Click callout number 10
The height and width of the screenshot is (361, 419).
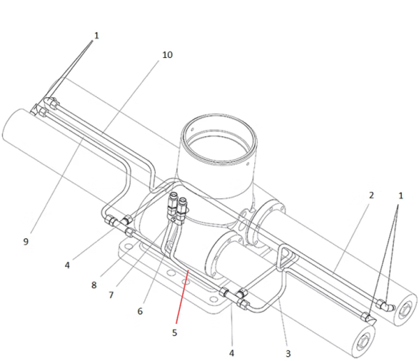coord(168,54)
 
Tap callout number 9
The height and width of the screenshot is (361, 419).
coord(26,242)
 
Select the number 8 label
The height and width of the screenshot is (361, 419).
coord(94,285)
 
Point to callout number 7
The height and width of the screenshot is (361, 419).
coord(111,295)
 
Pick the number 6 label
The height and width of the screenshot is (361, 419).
coord(140,311)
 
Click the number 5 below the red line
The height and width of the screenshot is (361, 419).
coord(175,332)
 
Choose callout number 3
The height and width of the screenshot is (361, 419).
coord(288,354)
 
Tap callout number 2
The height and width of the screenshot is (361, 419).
coord(372,196)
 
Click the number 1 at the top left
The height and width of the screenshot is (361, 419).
coord(96,36)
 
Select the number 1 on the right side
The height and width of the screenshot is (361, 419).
coord(401,196)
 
